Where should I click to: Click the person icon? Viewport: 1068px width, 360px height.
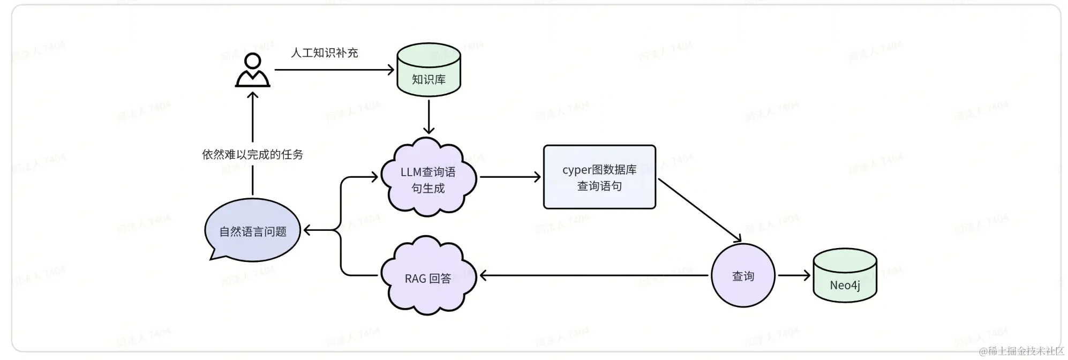(x=252, y=71)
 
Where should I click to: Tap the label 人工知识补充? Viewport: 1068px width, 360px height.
(x=324, y=52)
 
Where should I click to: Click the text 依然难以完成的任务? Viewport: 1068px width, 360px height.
(x=252, y=154)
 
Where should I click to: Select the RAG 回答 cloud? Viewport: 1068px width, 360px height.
(x=428, y=276)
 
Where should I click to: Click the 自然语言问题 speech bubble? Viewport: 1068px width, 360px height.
(x=252, y=230)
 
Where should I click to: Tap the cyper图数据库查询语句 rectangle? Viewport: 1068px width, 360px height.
(x=599, y=177)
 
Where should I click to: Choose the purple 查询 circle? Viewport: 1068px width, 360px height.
(x=743, y=275)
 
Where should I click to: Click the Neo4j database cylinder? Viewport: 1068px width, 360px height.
(x=845, y=276)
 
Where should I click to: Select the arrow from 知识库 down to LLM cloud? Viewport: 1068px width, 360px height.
(x=428, y=115)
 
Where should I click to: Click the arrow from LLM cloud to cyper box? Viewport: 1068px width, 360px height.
(x=509, y=177)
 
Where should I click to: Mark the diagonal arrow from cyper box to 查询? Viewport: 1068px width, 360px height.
(x=699, y=210)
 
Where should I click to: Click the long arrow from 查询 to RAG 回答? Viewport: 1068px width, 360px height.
(x=595, y=275)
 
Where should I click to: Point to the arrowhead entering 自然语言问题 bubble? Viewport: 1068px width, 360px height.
(x=308, y=230)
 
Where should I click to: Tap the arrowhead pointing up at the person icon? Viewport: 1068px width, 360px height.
(x=252, y=95)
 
